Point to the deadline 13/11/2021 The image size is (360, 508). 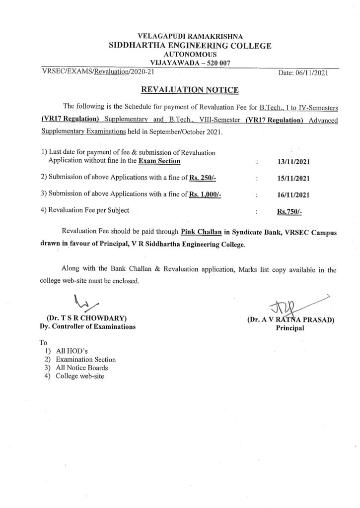(292, 162)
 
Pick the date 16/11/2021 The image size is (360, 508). (292, 194)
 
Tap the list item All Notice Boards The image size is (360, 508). (82, 368)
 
